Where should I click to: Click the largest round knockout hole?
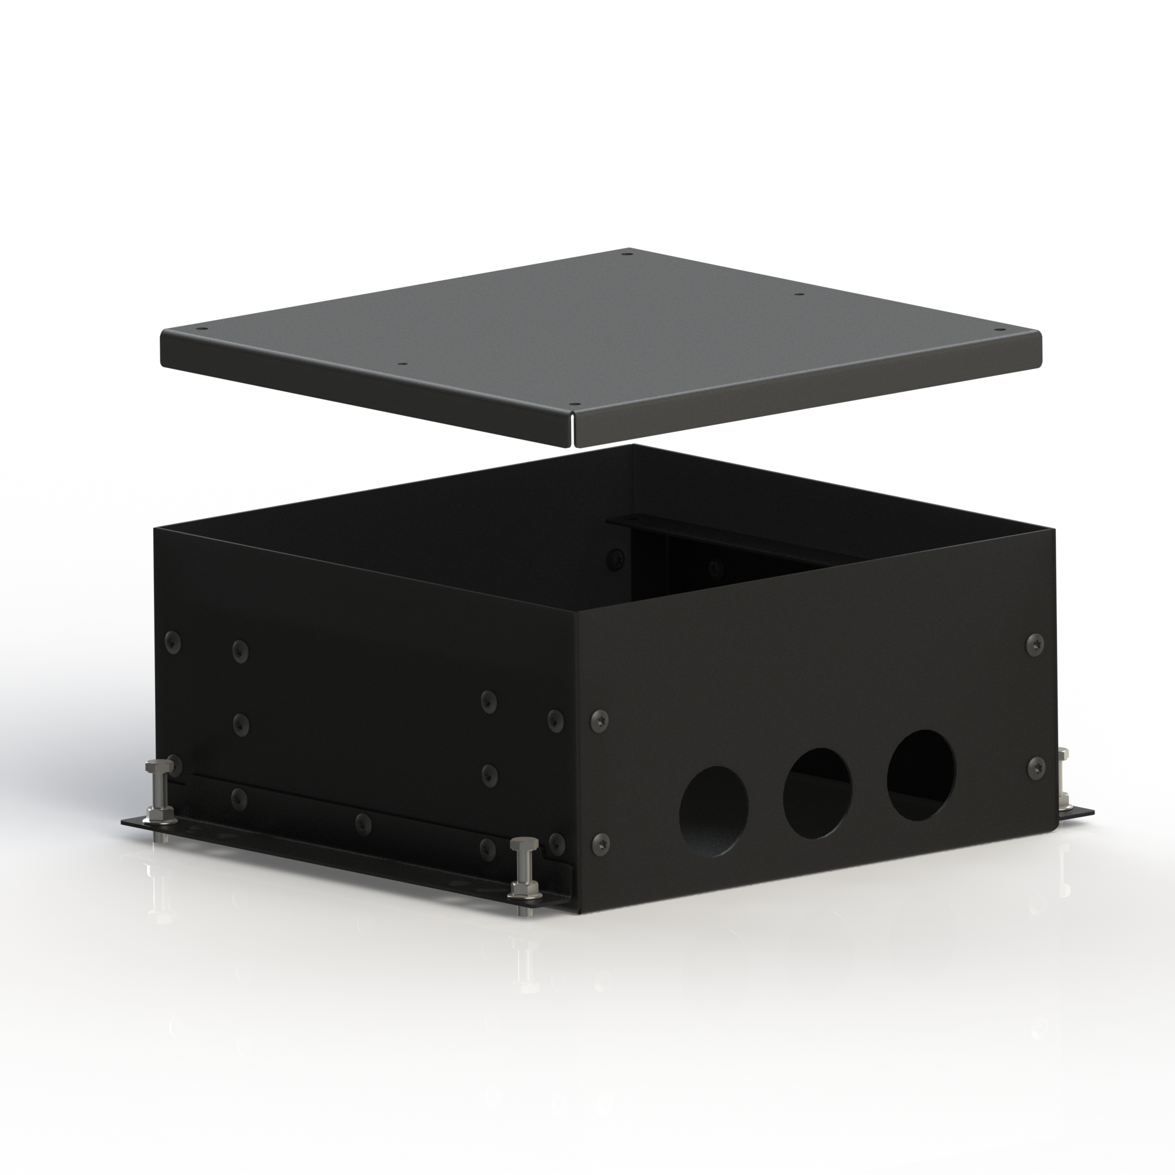pos(921,775)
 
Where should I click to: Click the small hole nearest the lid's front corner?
pos(573,405)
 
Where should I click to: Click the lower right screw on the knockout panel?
pos(1035,768)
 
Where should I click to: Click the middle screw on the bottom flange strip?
pos(362,824)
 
